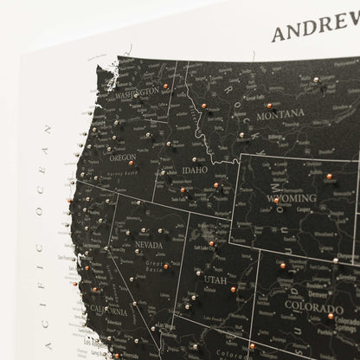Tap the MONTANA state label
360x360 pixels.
point(279,113)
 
